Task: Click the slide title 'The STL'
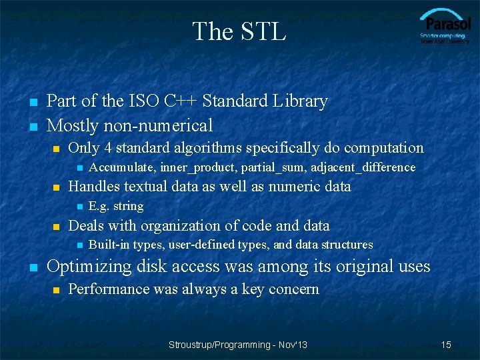[239, 31]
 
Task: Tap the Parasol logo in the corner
[445, 27]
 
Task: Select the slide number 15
[446, 345]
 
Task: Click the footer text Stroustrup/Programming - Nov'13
[238, 345]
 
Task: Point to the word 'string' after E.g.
[128, 206]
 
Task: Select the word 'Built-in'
[109, 245]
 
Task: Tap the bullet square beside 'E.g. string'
[79, 207]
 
